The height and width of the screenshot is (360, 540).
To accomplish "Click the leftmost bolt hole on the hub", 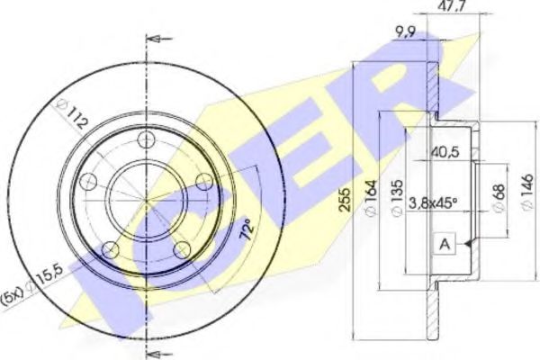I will pyautogui.click(x=88, y=183).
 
